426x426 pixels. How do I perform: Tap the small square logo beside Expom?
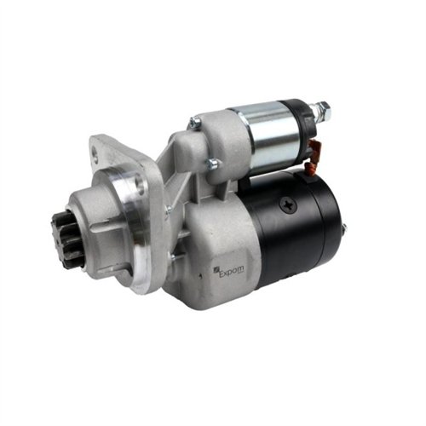coord(216,269)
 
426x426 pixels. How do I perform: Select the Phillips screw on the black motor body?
coord(288,204)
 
